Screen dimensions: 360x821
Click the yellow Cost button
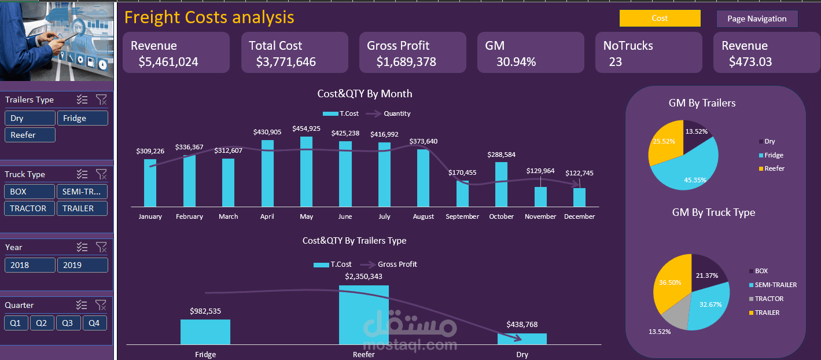(660, 19)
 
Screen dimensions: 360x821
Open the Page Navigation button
(757, 19)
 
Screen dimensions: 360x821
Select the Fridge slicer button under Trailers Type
(82, 118)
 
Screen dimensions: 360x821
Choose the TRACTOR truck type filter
(30, 208)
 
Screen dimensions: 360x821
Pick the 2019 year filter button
(82, 265)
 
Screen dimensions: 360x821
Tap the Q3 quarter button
(68, 323)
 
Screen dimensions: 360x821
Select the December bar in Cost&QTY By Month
(579, 197)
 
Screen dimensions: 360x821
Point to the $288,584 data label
(501, 155)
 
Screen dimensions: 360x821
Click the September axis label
(462, 216)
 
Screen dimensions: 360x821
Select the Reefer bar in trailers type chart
(364, 315)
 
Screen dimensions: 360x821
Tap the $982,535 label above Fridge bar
(205, 311)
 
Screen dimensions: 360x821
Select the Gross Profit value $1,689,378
(406, 62)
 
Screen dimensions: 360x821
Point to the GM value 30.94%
(516, 62)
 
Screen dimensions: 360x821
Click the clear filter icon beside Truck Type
(101, 174)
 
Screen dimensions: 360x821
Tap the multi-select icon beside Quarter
(82, 305)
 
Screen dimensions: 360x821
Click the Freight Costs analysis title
(209, 17)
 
